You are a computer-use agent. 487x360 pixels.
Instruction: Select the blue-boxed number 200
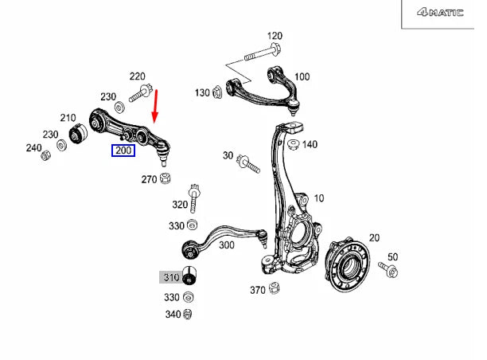pyautogui.click(x=123, y=151)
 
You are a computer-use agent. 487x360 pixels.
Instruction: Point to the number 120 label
pyautogui.click(x=275, y=36)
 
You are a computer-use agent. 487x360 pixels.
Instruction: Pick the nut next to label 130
pyautogui.click(x=216, y=93)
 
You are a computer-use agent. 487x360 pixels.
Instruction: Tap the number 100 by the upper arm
pyautogui.click(x=302, y=77)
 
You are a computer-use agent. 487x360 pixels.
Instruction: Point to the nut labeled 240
pyautogui.click(x=46, y=154)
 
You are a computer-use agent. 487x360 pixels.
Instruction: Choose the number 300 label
pyautogui.click(x=226, y=245)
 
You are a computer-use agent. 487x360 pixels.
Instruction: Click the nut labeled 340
pyautogui.click(x=189, y=314)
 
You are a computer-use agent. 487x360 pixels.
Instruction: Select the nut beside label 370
pyautogui.click(x=275, y=288)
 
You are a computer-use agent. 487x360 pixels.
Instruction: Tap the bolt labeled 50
pyautogui.click(x=392, y=272)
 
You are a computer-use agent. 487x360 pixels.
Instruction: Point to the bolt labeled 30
pyautogui.click(x=247, y=165)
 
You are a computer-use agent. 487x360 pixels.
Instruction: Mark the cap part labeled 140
pyautogui.click(x=293, y=145)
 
